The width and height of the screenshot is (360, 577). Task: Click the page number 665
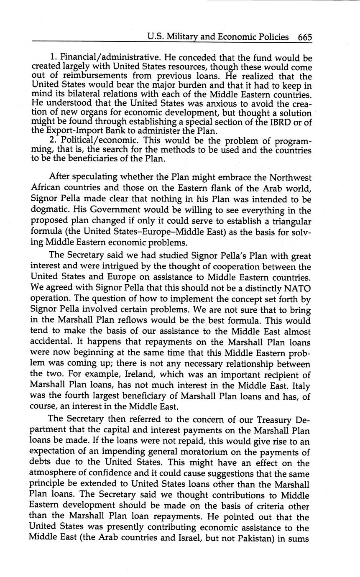tap(305, 37)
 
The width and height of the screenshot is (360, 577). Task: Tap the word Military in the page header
tap(182, 37)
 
